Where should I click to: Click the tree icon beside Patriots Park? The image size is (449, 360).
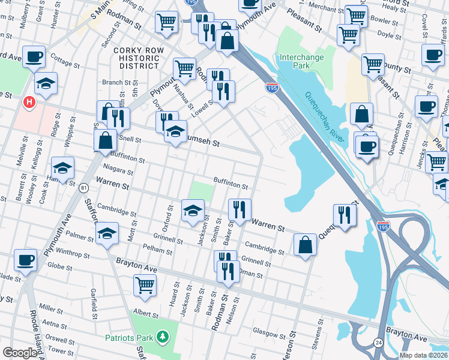click(161, 338)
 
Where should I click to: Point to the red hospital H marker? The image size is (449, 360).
click(28, 103)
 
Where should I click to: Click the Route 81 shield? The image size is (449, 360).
click(82, 188)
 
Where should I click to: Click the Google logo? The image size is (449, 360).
click(20, 353)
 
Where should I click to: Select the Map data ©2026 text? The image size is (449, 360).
click(423, 355)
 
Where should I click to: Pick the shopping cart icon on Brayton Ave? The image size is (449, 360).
click(145, 286)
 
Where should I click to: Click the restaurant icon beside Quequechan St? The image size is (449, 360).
click(345, 215)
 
